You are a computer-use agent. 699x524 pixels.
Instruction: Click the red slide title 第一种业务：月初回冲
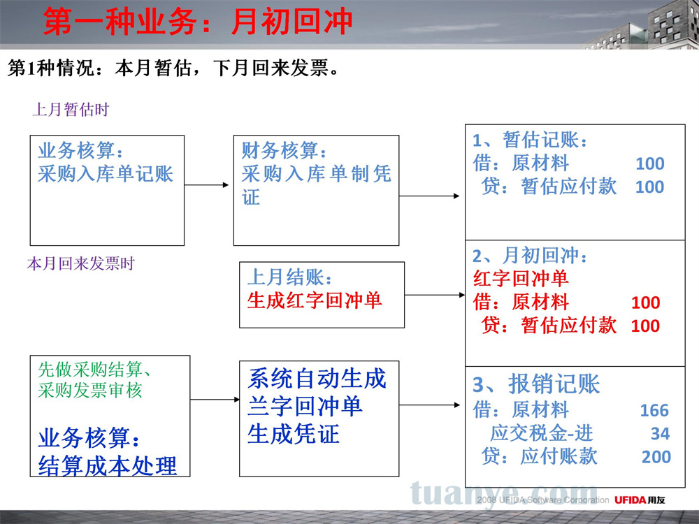pos(198,22)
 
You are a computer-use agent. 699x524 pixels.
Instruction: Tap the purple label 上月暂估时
pos(71,109)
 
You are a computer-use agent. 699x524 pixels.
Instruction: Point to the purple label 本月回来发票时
pos(80,263)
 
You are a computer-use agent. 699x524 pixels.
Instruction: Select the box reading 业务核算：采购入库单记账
pos(107,190)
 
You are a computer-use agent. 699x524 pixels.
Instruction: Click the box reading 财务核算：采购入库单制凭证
pos(316,190)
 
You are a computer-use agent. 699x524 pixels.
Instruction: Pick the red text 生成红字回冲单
pos(315,300)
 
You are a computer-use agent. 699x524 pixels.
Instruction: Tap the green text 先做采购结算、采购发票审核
pos(94,379)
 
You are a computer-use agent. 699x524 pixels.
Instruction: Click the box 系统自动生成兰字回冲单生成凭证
pos(319,419)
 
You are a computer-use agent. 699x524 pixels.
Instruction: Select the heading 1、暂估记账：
pos(530,140)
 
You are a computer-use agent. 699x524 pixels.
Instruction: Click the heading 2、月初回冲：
pos(530,255)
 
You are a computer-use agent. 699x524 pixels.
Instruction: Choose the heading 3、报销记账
pos(536,384)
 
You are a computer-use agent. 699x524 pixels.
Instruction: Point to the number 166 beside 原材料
pos(654,410)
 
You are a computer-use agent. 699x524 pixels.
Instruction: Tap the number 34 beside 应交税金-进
pos(661,433)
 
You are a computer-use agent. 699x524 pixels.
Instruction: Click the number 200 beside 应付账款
pos(656,457)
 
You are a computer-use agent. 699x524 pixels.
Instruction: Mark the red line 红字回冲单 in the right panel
pos(521,279)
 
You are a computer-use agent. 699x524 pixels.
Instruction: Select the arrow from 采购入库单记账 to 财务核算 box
pos(206,185)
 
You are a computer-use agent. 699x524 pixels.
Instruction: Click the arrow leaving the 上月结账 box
pos(435,295)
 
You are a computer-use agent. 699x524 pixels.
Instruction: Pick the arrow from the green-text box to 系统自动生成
pos(215,399)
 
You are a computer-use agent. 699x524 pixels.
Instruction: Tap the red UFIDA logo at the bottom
pos(630,500)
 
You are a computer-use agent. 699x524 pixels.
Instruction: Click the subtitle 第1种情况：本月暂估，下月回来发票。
pos(174,68)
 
